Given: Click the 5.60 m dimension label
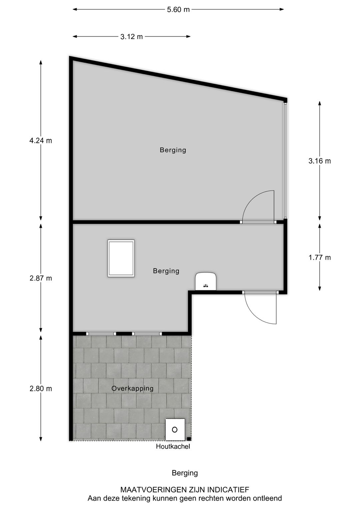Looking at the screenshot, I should click(x=178, y=10).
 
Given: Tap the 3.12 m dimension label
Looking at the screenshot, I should click(x=132, y=37).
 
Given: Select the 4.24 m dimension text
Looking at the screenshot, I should click(x=41, y=141).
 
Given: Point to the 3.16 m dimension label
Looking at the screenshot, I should click(x=320, y=161).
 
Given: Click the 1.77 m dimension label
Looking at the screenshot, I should click(x=320, y=258).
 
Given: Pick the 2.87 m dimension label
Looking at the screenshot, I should click(x=41, y=278).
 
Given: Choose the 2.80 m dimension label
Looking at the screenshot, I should click(x=41, y=389).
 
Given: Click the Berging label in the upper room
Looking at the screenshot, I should click(x=173, y=150).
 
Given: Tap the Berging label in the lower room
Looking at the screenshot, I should click(x=166, y=271).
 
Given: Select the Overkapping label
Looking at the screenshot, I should click(x=132, y=389).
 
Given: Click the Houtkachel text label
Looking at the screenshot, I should click(x=173, y=447).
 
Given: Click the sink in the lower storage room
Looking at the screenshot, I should click(x=206, y=281).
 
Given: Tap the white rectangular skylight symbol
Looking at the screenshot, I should click(x=121, y=258).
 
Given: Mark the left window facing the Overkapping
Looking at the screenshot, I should click(x=101, y=334).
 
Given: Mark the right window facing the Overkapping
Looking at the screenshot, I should click(x=147, y=334).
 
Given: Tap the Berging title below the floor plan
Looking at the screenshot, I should click(x=185, y=473).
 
